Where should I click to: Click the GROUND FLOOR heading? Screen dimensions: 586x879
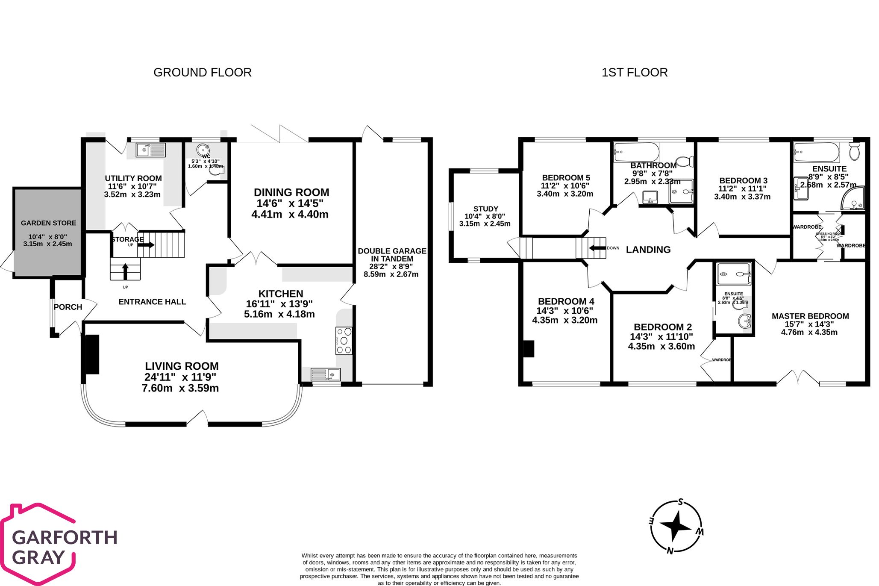pos(202,73)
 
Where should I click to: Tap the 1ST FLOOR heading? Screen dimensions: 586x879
pos(634,73)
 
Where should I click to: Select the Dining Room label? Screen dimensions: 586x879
pos(291,192)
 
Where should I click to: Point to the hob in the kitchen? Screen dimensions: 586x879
pos(344,341)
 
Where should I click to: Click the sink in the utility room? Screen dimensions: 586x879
pos(150,150)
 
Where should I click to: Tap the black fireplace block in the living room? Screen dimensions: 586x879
pos(92,354)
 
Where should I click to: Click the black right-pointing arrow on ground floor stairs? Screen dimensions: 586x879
pos(146,245)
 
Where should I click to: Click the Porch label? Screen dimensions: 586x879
pos(68,307)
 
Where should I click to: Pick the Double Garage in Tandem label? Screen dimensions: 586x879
pos(391,255)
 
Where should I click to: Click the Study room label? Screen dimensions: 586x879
pos(485,209)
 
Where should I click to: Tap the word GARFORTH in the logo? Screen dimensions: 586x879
pos(65,537)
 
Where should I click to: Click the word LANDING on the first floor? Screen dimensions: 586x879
pos(648,250)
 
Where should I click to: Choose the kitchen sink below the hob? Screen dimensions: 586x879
pos(325,374)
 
